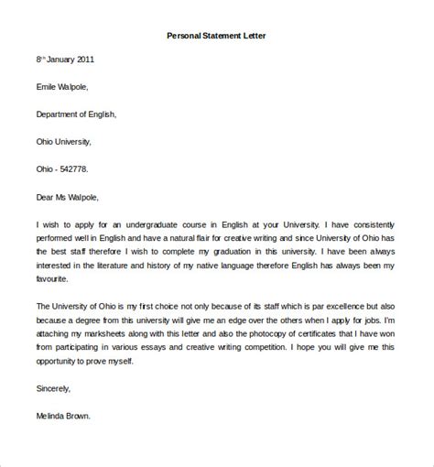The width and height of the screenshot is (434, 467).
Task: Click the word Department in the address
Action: click(60, 114)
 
